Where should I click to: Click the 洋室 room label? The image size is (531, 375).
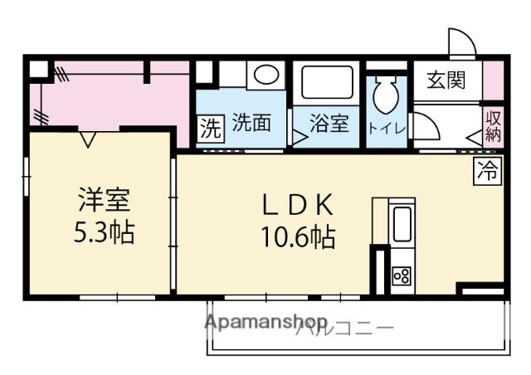[x=104, y=200]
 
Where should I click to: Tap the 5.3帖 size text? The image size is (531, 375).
[x=104, y=232]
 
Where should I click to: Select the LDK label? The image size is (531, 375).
[x=298, y=205]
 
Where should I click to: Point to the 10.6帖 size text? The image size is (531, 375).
[x=298, y=237]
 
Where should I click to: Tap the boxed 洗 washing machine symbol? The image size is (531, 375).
[x=211, y=128]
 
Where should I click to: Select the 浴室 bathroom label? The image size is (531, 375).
[x=329, y=123]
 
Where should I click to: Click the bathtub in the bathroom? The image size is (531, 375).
[x=327, y=82]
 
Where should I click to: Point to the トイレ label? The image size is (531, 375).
[x=387, y=129]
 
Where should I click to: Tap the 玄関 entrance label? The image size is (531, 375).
[x=446, y=80]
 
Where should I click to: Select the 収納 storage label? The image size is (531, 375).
[x=493, y=126]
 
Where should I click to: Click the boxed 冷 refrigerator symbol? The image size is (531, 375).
[x=487, y=171]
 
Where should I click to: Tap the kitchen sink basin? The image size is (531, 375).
[x=402, y=224]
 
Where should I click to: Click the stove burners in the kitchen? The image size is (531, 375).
[x=402, y=275]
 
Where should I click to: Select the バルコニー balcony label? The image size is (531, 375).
[x=345, y=329]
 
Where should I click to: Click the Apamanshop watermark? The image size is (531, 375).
[x=266, y=322]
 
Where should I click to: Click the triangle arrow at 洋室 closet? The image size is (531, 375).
[x=88, y=139]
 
